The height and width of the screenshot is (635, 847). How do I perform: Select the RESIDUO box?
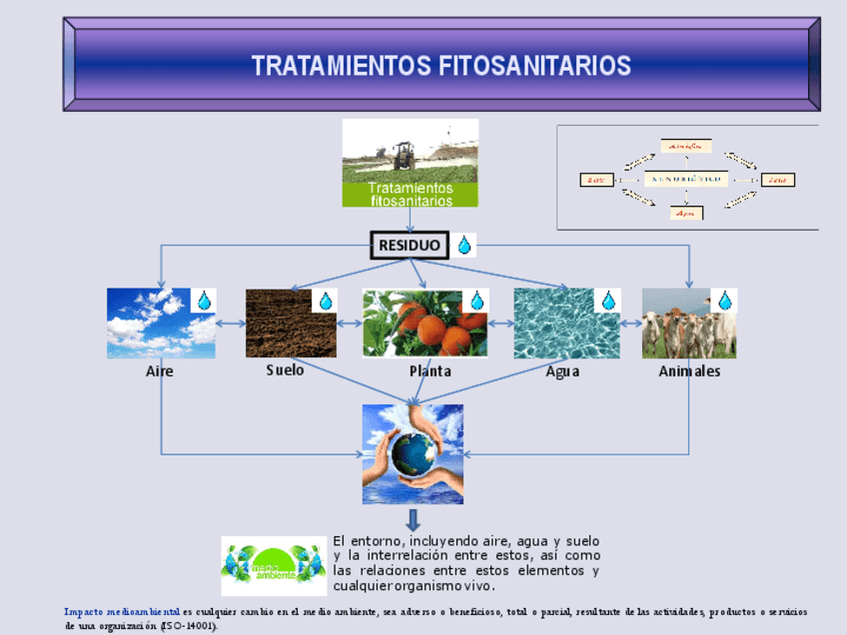coord(410,246)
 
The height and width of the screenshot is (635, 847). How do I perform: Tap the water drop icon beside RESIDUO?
coord(464,246)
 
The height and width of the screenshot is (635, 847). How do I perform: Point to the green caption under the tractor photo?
coord(411,194)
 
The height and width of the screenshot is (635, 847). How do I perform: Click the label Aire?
coord(159,370)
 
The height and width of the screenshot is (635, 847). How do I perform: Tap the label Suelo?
coord(285,369)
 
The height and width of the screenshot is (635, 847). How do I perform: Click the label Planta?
coord(429,370)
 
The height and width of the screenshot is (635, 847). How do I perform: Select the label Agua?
coord(562,370)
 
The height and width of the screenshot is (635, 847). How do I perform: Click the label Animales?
coord(689,370)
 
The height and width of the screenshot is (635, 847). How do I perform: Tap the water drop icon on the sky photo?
coord(204,301)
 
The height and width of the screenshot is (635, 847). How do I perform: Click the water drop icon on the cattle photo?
coord(724,301)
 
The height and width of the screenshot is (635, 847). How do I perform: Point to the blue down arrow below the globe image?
coord(413,520)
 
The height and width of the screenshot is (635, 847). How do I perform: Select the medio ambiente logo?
coord(273,565)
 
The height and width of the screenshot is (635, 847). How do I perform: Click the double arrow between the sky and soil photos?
coord(231,323)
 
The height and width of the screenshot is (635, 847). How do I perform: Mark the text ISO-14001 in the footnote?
coord(188,625)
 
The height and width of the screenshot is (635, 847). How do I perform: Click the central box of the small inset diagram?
coord(685,180)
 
